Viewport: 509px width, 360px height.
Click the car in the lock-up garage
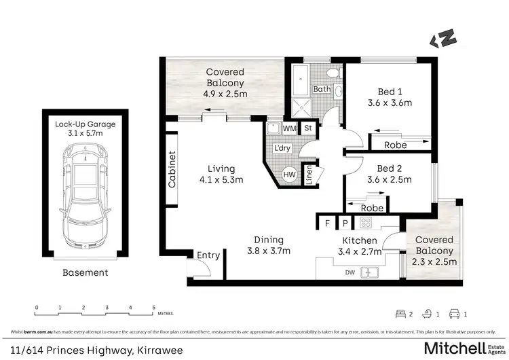86,197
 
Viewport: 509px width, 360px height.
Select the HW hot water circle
288,175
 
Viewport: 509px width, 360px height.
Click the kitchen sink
371,272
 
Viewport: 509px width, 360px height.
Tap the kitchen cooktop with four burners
366,221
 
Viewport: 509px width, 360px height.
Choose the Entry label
208,255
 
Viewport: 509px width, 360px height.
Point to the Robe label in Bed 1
396,145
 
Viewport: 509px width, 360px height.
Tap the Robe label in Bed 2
372,208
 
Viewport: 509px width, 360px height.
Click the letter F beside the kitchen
327,222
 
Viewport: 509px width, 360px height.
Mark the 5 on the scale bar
153,307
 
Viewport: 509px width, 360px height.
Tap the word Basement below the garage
85,272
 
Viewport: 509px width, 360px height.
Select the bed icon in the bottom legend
400,313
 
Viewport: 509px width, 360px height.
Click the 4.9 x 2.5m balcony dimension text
225,95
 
